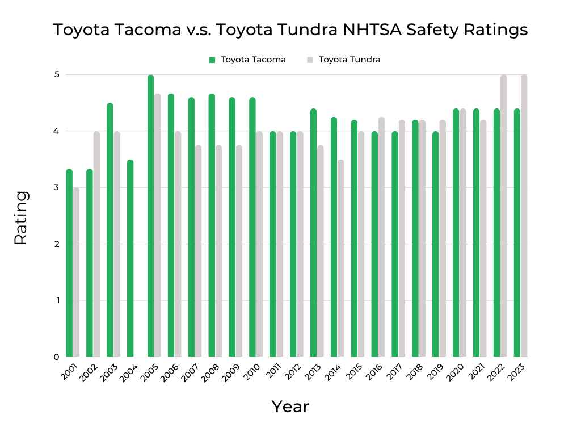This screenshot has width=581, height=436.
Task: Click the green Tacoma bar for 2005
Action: (x=150, y=216)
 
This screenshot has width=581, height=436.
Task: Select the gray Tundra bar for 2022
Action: (x=503, y=216)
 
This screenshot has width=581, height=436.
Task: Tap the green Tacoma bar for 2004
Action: (x=130, y=258)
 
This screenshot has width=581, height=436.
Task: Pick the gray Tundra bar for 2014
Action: (x=340, y=258)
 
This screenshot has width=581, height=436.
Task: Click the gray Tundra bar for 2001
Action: (x=76, y=272)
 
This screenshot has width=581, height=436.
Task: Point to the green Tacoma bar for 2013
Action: (x=313, y=233)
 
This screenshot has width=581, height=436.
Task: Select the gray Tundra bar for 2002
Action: (x=96, y=244)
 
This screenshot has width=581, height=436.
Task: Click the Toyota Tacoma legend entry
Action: (x=247, y=60)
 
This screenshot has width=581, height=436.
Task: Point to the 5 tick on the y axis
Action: (x=57, y=74)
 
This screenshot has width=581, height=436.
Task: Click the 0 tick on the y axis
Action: (x=57, y=357)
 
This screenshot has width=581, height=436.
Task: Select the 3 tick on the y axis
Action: (x=57, y=187)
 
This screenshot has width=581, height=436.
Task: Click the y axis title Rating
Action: (x=20, y=218)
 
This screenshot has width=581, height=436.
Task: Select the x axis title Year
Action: (x=290, y=406)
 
